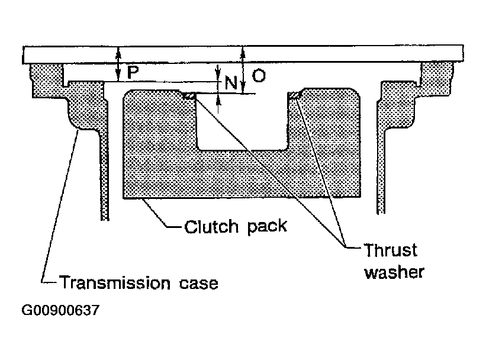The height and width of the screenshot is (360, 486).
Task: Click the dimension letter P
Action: coord(133,72)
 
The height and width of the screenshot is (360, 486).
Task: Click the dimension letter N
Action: coord(231,83)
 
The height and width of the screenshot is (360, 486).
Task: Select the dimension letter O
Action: coord(259,76)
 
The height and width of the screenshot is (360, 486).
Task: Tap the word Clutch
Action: coord(211,226)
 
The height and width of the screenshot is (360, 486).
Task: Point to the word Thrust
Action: coord(391,250)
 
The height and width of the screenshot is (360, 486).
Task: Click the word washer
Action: coord(394,272)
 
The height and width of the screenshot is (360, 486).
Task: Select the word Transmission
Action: coord(115,283)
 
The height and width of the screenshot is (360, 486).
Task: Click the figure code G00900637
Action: coord(60,310)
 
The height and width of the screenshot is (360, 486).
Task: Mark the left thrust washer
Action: coord(189,95)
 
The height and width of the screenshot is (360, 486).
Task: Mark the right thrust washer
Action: coord(295,95)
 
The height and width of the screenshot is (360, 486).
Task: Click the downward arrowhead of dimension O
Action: coord(243,87)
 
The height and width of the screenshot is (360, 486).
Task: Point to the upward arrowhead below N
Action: coord(219,100)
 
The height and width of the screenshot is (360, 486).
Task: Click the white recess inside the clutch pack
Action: coord(242,121)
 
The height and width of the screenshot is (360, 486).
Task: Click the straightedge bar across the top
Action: coord(243,54)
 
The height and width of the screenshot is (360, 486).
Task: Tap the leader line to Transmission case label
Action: coord(60,206)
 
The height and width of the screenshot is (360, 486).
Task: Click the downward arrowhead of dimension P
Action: coord(118,75)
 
